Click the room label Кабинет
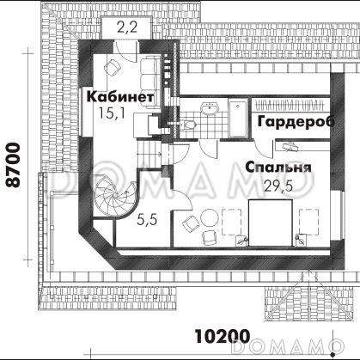[x=121, y=96]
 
